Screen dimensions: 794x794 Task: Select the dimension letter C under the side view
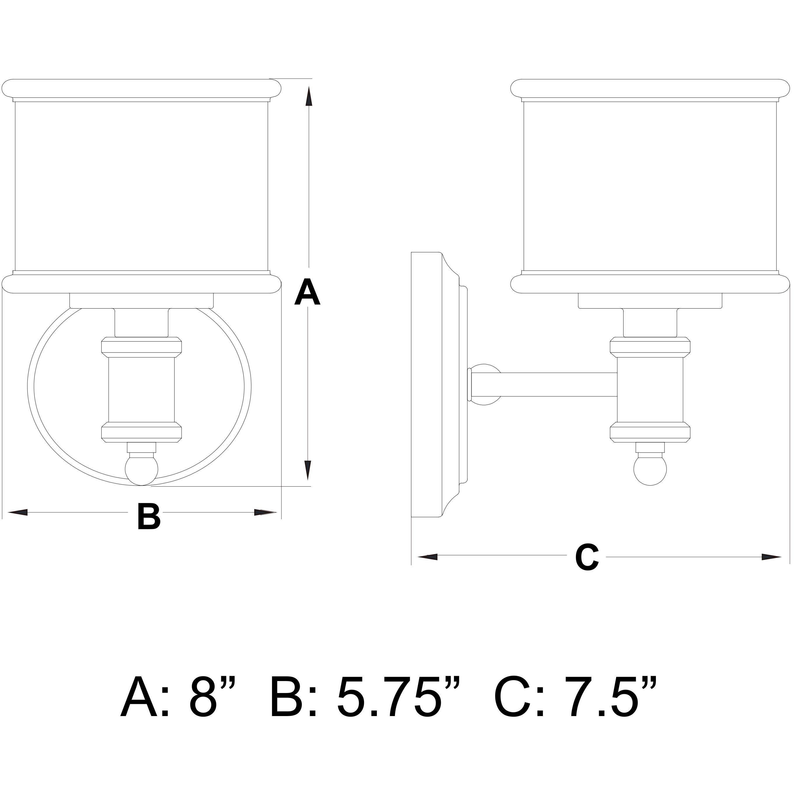(586, 557)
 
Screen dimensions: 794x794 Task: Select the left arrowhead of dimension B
(18, 513)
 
